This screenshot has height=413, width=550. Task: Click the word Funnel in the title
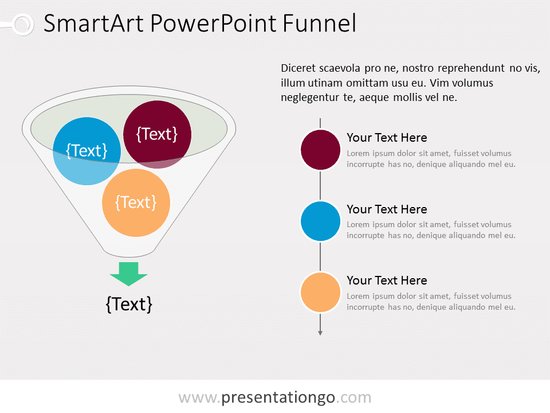[319, 23]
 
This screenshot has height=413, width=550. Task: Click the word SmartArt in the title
[93, 23]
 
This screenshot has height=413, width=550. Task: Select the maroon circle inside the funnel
[157, 134]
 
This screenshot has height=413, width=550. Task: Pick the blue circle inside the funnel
[87, 151]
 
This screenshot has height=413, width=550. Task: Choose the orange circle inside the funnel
[136, 202]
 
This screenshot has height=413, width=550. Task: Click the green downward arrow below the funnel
[128, 274]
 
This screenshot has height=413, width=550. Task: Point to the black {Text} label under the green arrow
[129, 304]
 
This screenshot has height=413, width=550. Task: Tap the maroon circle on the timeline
[320, 150]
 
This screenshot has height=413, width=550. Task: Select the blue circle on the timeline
[320, 221]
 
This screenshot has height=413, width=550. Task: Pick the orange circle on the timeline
[320, 292]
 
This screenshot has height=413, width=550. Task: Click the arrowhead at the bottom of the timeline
[320, 333]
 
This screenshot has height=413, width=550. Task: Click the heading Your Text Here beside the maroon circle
[387, 138]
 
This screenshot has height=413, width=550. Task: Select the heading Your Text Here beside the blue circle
[387, 209]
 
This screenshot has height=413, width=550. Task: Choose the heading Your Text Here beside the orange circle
[387, 280]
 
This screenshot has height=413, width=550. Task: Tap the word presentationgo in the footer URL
[278, 397]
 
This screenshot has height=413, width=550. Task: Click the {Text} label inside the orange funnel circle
[136, 202]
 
